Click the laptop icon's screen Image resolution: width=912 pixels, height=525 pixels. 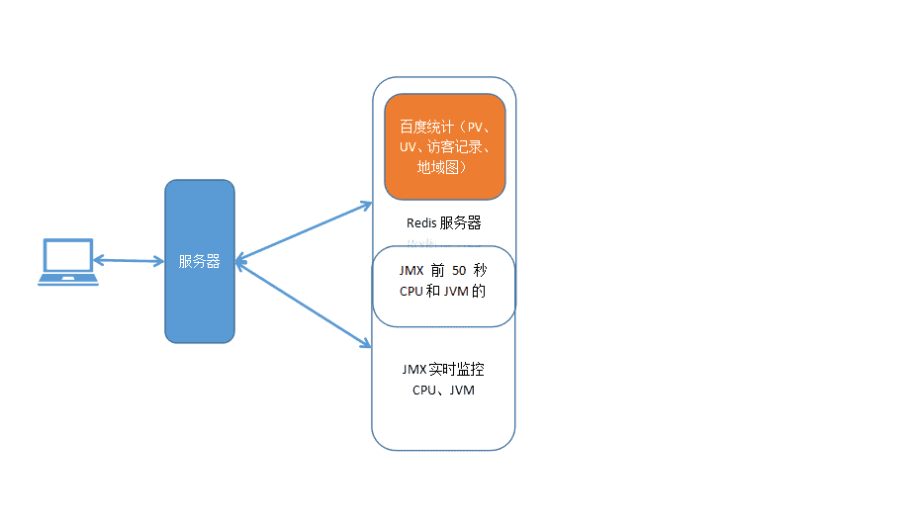[x=67, y=255]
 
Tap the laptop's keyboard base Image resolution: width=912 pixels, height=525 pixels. [x=67, y=280]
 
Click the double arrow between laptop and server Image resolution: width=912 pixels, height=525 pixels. [x=129, y=261]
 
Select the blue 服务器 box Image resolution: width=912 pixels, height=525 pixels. [x=200, y=297]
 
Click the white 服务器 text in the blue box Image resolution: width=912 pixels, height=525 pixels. [x=199, y=262]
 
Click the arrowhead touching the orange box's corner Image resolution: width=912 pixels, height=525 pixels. [x=364, y=206]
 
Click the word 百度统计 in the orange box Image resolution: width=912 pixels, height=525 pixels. [x=426, y=128]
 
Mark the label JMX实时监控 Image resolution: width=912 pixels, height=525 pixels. [x=442, y=370]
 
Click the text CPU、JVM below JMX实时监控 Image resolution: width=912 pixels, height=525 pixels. [x=443, y=391]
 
